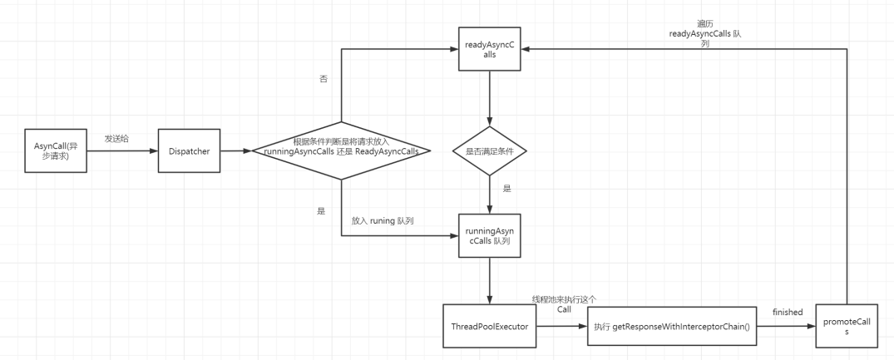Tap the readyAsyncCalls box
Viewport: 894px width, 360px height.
coord(490,48)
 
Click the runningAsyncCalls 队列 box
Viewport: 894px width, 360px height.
coord(490,235)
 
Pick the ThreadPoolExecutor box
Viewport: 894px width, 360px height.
coord(490,327)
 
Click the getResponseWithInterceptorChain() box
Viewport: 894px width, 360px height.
coord(671,327)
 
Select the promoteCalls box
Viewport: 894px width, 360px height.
coord(847,327)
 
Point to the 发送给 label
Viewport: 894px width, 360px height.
coord(117,138)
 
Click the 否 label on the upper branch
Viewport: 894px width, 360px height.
coord(323,79)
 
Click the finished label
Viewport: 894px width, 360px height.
coord(787,312)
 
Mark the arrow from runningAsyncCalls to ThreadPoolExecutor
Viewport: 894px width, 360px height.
coord(490,281)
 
